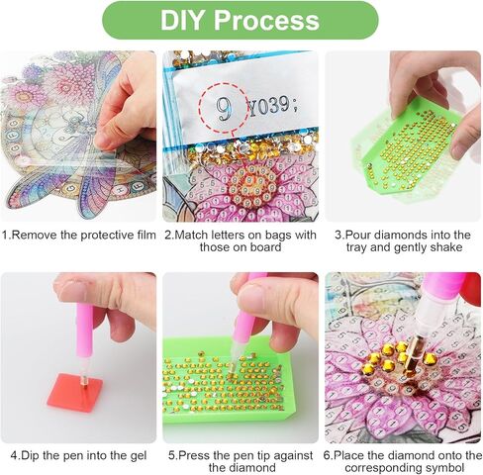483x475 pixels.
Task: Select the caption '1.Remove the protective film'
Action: [x=78, y=235]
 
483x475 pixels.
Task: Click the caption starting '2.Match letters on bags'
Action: [x=241, y=241]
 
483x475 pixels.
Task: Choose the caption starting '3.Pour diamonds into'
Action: [x=403, y=241]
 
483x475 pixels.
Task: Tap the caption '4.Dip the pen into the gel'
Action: [x=78, y=456]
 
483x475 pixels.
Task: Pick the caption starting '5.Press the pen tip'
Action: [x=241, y=462]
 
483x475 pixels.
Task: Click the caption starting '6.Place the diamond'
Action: [x=403, y=462]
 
